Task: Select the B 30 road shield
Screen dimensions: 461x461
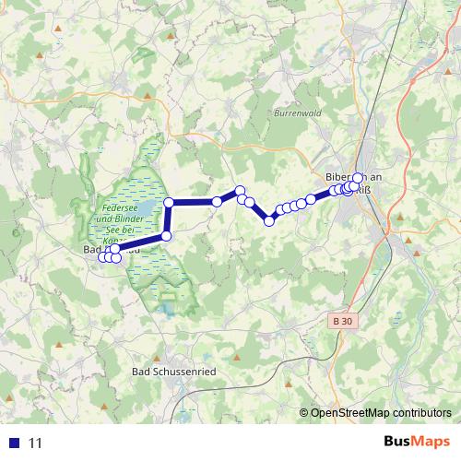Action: coord(342,321)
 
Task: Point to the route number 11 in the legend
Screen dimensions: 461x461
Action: coord(36,443)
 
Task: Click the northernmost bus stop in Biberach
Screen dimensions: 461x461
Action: coord(358,177)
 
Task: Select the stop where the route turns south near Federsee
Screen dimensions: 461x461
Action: coord(169,202)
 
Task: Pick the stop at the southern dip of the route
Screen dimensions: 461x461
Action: coord(270,220)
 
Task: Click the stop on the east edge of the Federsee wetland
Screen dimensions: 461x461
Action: coord(166,236)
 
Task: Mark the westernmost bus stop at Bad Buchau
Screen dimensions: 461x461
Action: coord(102,256)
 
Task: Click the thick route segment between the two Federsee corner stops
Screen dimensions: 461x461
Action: coord(168,219)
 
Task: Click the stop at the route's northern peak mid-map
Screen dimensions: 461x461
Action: coord(241,191)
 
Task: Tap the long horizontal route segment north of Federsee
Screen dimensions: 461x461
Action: coord(194,202)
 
